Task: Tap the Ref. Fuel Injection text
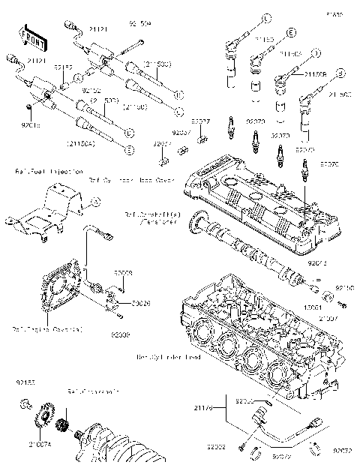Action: [33, 171]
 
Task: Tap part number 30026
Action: [121, 304]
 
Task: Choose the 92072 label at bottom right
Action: [343, 451]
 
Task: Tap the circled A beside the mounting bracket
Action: [94, 201]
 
